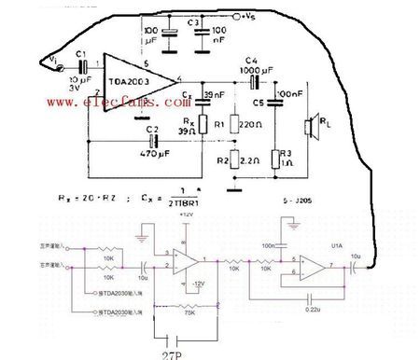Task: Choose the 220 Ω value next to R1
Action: point(250,123)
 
